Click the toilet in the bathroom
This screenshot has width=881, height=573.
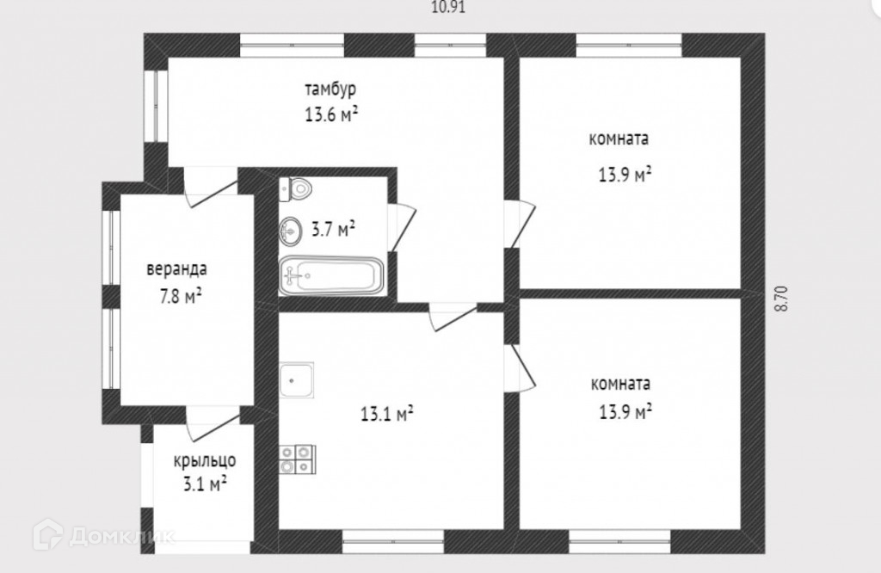(x=295, y=190)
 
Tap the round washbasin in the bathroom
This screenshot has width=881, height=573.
(x=291, y=231)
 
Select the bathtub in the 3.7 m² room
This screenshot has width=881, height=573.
(x=331, y=276)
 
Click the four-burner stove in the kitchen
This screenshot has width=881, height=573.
(x=297, y=459)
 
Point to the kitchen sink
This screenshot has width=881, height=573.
(x=297, y=379)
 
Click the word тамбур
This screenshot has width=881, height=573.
(x=330, y=89)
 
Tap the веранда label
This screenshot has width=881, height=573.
(x=176, y=268)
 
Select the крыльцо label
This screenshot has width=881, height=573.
(x=205, y=461)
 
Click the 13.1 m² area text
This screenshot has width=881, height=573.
(x=386, y=415)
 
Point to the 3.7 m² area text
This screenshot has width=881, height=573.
(x=333, y=229)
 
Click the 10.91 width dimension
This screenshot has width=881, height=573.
(x=447, y=7)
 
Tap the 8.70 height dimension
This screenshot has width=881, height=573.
(x=781, y=299)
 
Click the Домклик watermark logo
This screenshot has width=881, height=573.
(x=104, y=535)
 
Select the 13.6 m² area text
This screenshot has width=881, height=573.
(x=331, y=114)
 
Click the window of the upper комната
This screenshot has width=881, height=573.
(x=629, y=46)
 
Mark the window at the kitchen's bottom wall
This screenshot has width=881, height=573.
(x=393, y=541)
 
